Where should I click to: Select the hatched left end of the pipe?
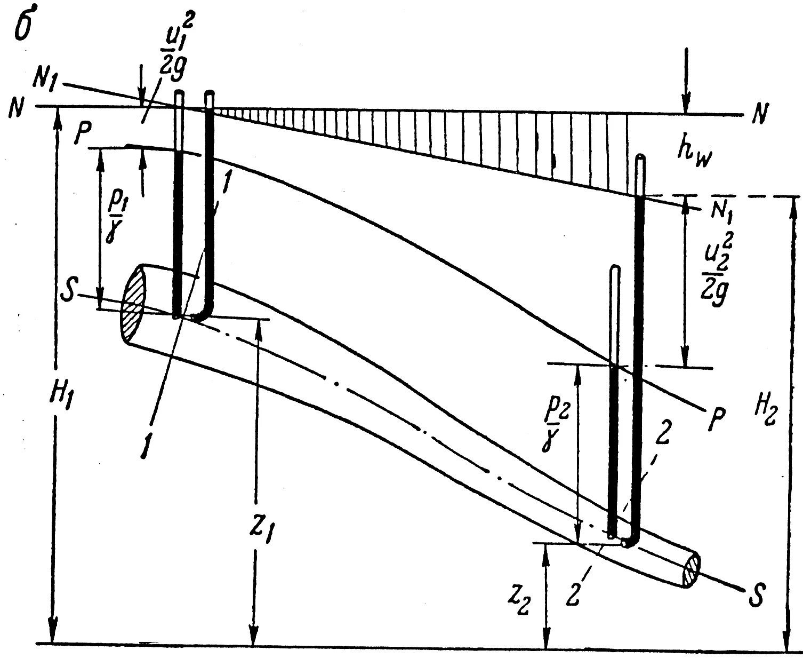point(134,304)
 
